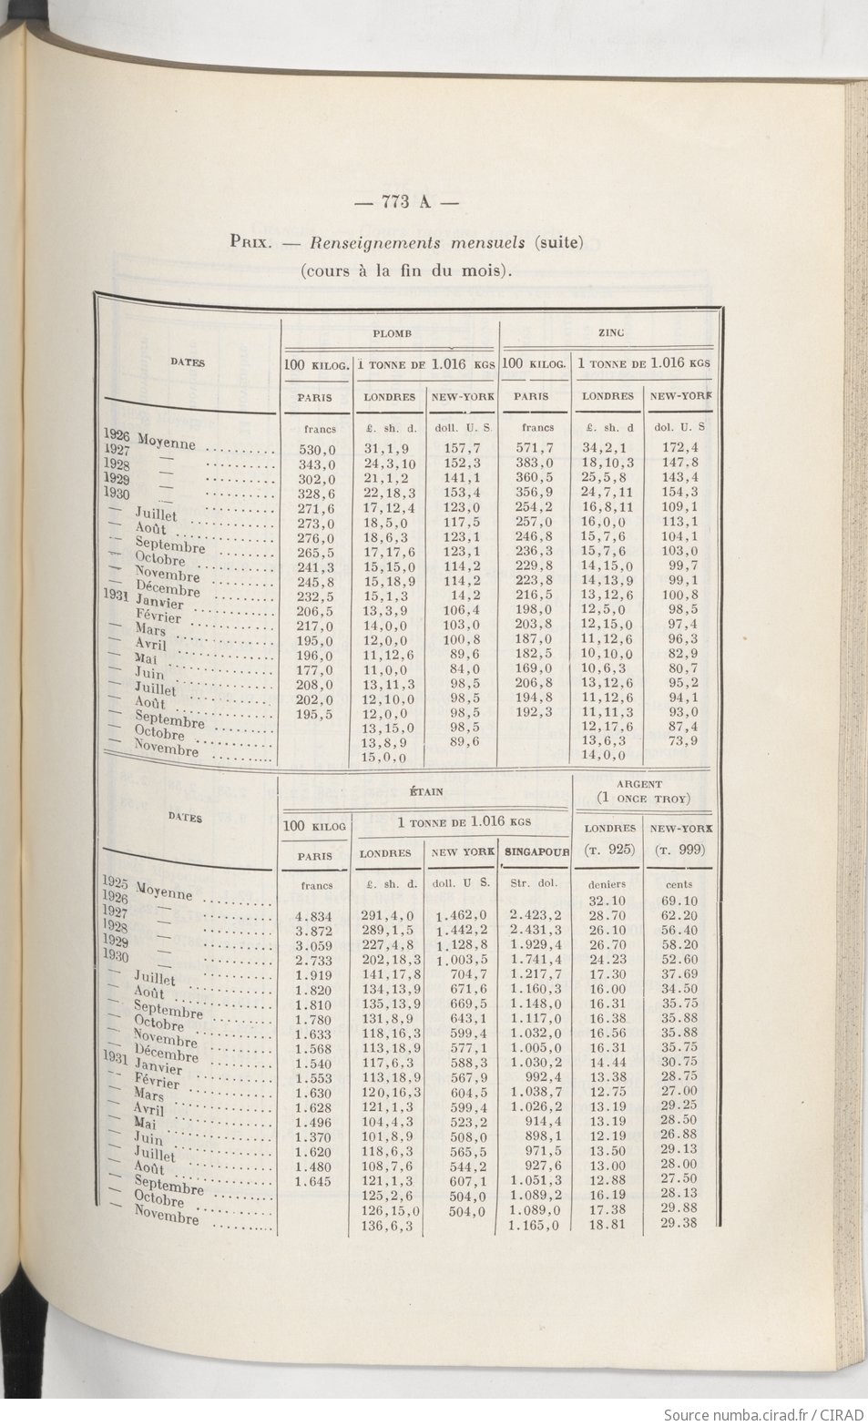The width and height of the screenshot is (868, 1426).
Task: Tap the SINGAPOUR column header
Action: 536,854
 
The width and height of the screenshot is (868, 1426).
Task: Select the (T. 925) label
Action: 609,850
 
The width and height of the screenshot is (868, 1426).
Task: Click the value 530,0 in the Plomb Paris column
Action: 318,449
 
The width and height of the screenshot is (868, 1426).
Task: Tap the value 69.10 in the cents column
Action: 679,901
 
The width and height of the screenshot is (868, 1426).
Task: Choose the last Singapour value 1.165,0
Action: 536,1226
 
